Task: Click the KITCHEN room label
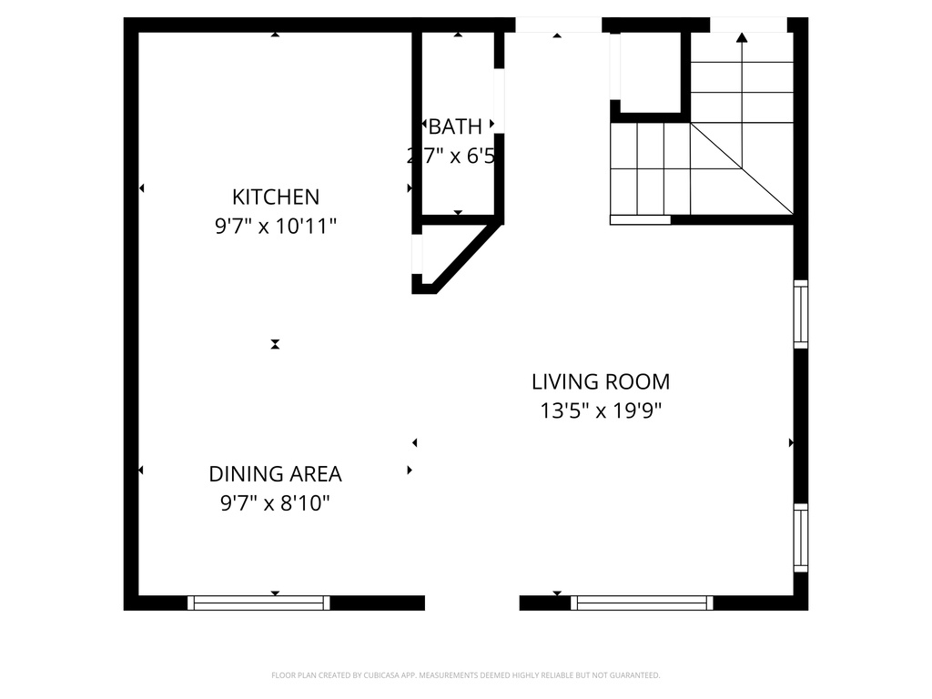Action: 276,197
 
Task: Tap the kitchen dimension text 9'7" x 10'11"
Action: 276,226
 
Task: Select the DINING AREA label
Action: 275,474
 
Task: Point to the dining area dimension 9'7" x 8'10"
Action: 275,503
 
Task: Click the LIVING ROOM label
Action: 601,381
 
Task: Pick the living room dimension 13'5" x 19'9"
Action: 601,410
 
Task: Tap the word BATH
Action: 455,127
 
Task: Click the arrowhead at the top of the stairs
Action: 742,37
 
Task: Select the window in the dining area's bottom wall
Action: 258,603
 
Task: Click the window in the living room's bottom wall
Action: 643,603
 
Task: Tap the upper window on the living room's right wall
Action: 801,314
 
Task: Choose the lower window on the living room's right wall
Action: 801,537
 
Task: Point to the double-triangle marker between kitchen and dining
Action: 275,344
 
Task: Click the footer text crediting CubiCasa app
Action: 465,675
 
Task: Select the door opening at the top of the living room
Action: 558,25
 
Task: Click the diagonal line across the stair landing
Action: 741,168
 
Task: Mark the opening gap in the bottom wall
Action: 471,603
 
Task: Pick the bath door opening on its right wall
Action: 499,100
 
